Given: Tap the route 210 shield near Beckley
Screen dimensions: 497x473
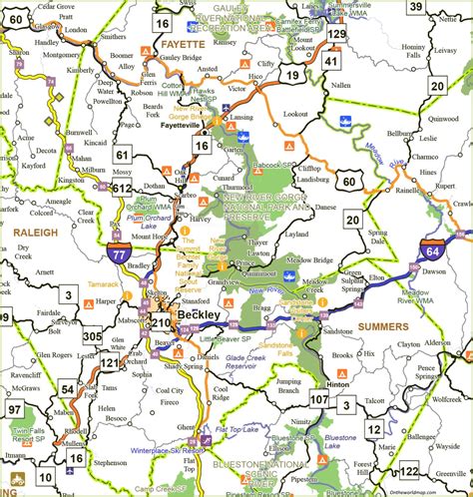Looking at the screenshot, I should pos(159,321).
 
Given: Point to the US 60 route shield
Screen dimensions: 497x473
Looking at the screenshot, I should pos(346,179).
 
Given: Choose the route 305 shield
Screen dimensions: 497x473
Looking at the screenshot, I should pos(93,336).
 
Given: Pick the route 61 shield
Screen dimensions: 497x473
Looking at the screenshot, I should pos(123,155).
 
